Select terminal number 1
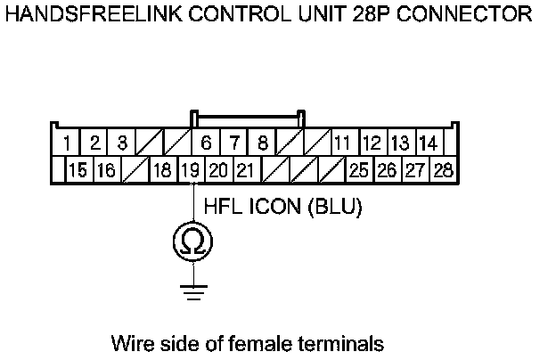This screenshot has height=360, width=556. (x=67, y=143)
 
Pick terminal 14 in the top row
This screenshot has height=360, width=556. (x=428, y=143)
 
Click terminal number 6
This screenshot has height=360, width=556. (x=206, y=143)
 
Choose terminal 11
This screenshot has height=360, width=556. (x=341, y=143)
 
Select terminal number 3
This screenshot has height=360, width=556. (x=122, y=143)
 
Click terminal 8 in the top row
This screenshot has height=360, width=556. (x=263, y=143)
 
